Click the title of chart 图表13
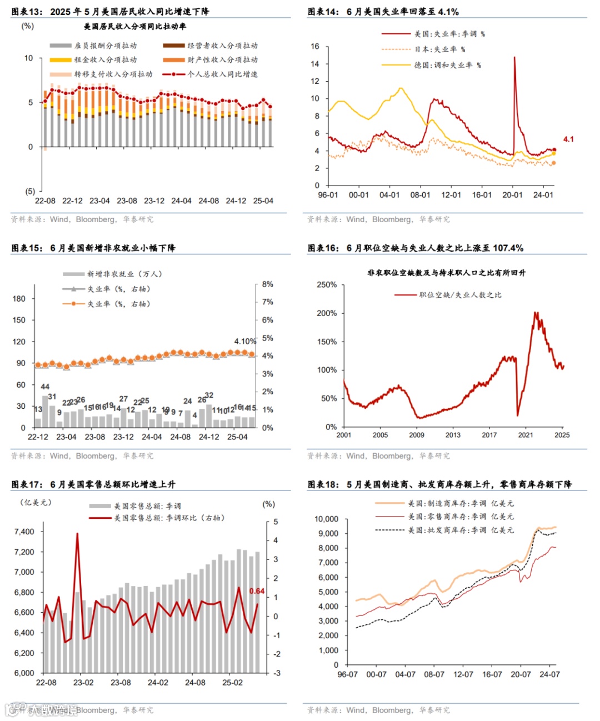tap(110, 11)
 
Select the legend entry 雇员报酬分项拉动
tap(106, 46)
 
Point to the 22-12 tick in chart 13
tap(72, 201)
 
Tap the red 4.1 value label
tap(568, 139)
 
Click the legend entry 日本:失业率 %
tap(439, 49)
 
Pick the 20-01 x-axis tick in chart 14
tap(512, 195)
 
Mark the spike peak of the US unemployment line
tap(514, 57)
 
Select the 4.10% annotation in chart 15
tap(245, 341)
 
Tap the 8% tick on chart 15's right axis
tap(268, 284)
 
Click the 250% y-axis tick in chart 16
tap(327, 284)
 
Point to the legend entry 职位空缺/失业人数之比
tap(460, 295)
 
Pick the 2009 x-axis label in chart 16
tap(417, 435)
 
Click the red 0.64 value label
tap(257, 591)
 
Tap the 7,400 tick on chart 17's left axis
tap(24, 532)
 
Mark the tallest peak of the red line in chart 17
tap(77, 534)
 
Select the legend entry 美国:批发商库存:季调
tap(461, 530)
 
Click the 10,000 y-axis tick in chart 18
tap(326, 519)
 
